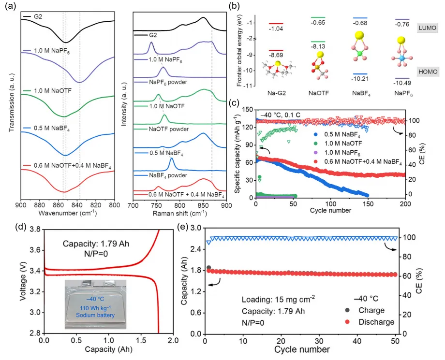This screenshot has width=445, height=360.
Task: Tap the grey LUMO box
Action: click(427, 29)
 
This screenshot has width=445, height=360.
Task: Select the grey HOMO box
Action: click(427, 72)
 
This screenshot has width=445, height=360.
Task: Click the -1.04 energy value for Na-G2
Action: click(276, 30)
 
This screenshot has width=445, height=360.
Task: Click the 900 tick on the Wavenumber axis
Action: click(20, 205)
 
